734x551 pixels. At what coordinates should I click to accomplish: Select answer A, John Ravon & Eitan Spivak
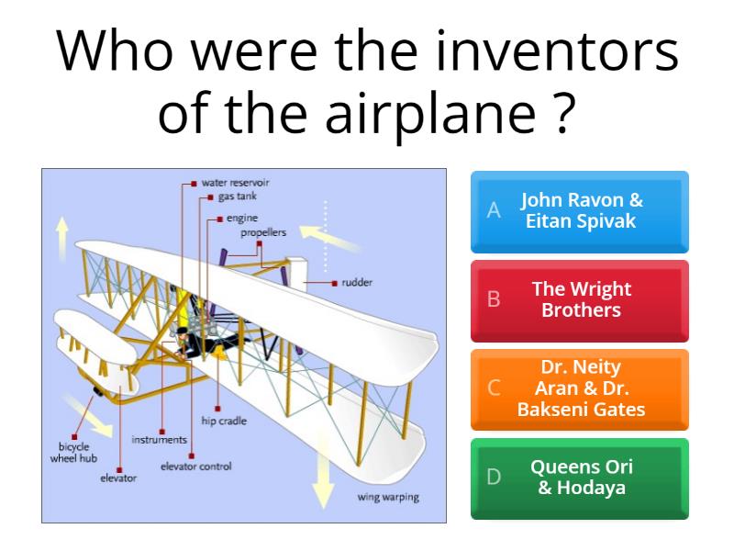click(579, 211)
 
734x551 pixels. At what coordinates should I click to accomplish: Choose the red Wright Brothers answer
click(580, 300)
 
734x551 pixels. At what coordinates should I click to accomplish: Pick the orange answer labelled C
click(580, 388)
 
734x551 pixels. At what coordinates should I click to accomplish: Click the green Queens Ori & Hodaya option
click(580, 478)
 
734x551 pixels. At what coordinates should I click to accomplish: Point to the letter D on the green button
click(494, 478)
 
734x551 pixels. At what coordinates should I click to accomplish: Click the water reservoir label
click(235, 183)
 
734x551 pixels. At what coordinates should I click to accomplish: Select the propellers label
click(263, 233)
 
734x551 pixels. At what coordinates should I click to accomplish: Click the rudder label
click(356, 283)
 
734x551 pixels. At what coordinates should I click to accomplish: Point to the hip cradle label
click(225, 421)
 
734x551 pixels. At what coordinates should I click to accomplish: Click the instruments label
click(159, 440)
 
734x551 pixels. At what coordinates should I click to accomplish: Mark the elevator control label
click(195, 467)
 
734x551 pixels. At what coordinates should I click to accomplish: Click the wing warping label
click(388, 498)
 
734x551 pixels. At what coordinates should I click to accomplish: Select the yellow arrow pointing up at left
click(62, 236)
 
